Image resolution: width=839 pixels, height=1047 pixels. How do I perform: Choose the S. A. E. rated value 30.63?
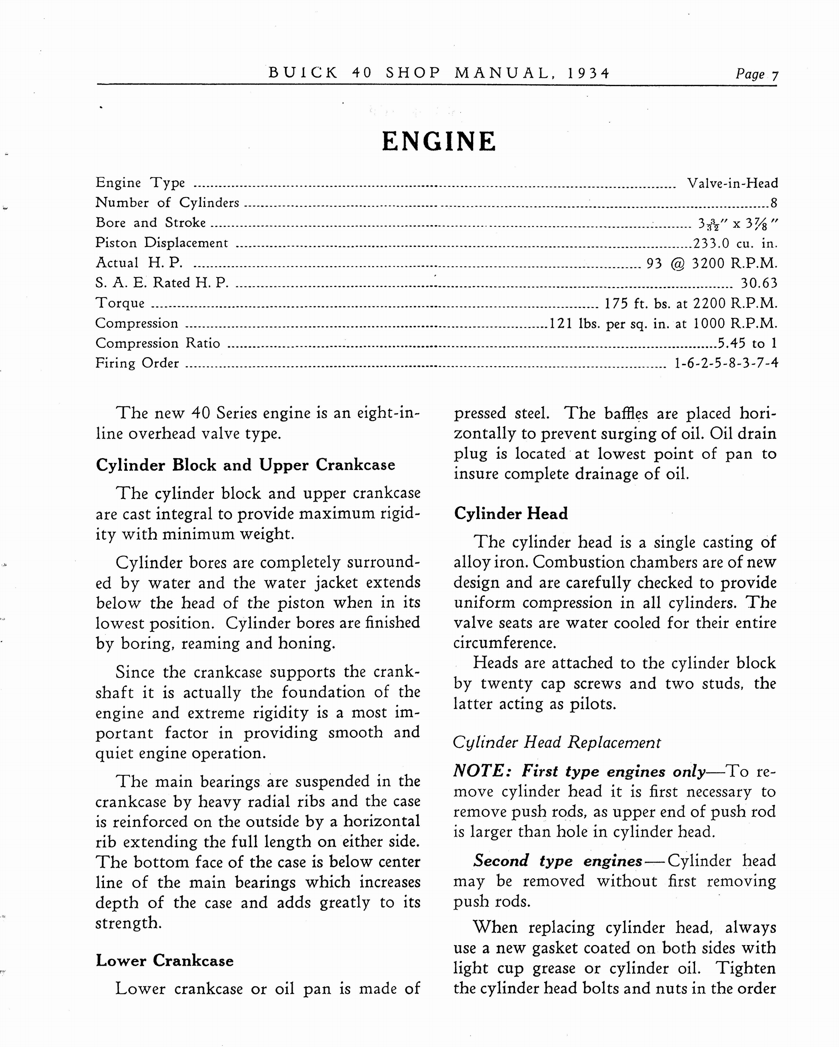click(x=759, y=283)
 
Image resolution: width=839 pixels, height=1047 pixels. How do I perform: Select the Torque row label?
click(x=120, y=303)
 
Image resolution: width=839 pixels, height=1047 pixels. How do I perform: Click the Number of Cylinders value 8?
click(x=774, y=203)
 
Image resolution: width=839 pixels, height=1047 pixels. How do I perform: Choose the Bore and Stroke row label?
click(x=151, y=222)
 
